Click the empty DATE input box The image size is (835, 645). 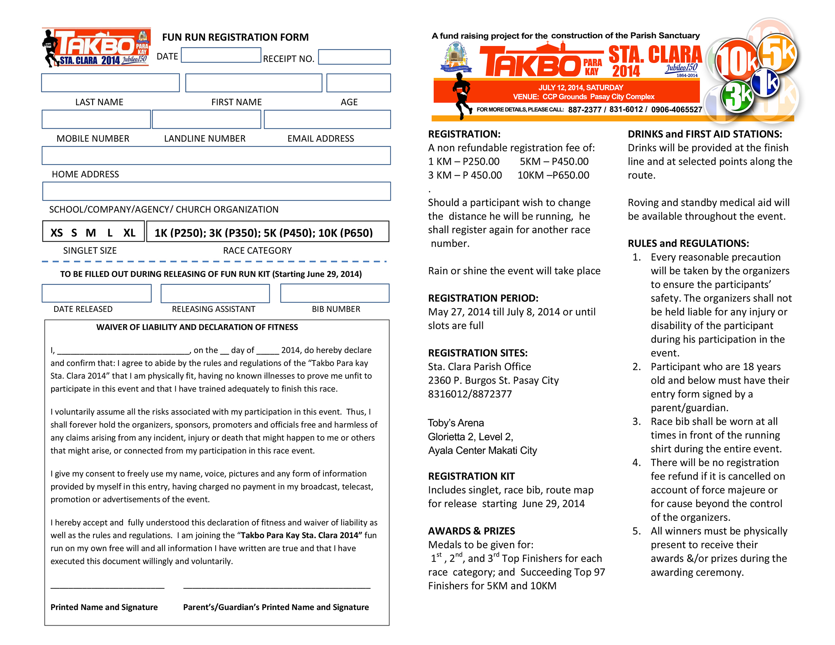221,55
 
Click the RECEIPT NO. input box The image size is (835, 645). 354,57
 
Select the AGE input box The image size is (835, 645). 358,83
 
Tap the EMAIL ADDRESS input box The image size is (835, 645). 327,119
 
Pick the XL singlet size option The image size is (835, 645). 129,233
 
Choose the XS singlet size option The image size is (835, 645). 57,233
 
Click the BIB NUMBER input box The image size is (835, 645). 334,293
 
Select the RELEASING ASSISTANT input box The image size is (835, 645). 215,293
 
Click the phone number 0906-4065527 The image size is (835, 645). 676,110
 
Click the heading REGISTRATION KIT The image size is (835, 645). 471,476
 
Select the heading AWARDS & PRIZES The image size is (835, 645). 471,531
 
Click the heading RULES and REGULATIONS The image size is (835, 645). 688,244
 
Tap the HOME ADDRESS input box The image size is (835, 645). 216,156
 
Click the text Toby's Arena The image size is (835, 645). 455,423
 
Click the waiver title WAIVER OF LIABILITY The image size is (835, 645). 197,327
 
